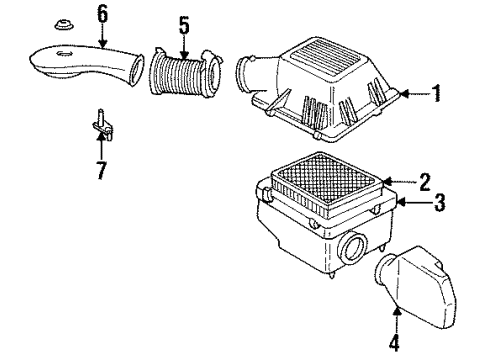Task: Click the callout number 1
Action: click(436, 95)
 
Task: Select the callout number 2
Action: click(425, 182)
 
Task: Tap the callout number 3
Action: click(436, 204)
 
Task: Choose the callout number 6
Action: click(99, 14)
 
